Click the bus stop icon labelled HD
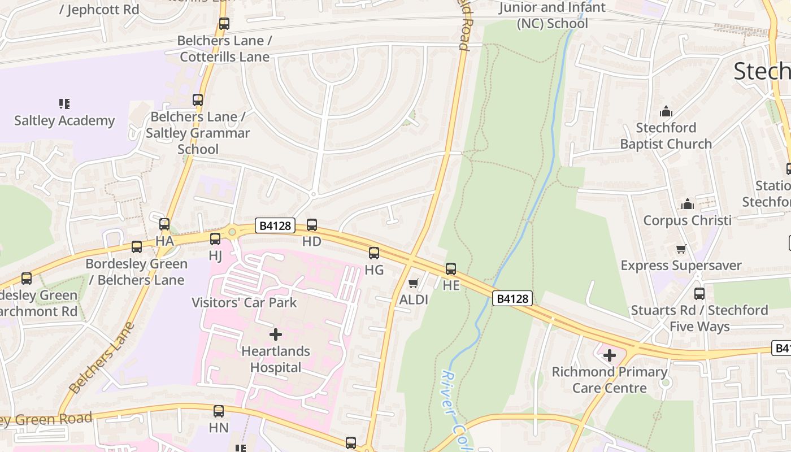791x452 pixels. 311,225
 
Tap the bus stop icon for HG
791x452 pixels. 373,253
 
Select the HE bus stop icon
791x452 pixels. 451,269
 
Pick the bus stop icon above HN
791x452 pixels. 219,411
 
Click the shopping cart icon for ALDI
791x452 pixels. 414,283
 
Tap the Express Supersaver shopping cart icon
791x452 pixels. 681,249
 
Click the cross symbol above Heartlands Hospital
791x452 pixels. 276,334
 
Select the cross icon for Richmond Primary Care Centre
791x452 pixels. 609,355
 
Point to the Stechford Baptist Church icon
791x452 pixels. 666,111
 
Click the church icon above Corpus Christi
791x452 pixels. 687,204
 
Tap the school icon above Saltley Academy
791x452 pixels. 64,104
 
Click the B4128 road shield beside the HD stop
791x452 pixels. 275,226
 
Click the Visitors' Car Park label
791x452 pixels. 244,302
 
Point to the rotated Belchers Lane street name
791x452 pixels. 102,358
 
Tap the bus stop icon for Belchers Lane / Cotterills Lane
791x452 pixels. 224,24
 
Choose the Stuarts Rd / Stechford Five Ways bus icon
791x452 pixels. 699,294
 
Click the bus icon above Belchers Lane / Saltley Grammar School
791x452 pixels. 198,100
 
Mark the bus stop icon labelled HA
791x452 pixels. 164,224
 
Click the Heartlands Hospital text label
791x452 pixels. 276,359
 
